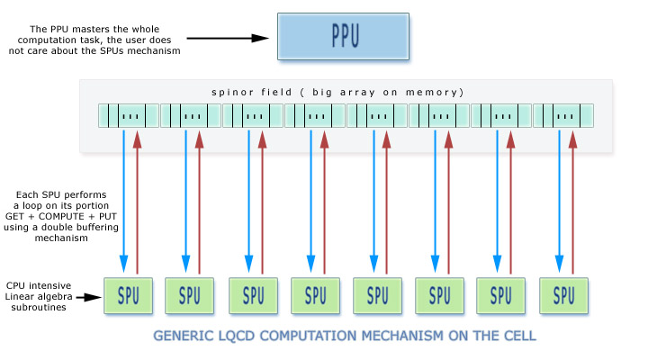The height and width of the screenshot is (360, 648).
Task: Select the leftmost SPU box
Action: point(129,295)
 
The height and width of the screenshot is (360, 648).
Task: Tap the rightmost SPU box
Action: point(563,295)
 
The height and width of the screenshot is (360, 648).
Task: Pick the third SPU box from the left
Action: point(253,295)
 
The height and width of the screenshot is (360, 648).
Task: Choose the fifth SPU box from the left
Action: point(377,295)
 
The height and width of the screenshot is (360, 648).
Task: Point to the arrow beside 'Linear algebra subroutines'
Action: point(87,294)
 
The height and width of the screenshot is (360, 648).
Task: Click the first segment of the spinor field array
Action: point(129,116)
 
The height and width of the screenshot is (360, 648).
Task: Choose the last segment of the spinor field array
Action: point(563,116)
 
